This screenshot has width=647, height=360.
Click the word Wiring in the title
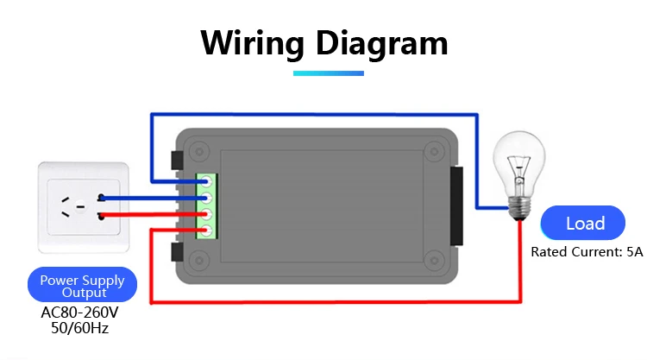click(252, 43)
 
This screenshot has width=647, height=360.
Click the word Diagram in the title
click(381, 43)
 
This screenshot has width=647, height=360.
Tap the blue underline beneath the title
click(329, 73)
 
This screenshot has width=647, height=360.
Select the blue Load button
click(582, 223)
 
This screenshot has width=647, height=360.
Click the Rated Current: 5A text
click(587, 252)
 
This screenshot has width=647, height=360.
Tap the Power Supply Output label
click(82, 285)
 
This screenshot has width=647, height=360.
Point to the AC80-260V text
click(79, 313)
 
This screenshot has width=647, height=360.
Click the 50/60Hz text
click(79, 328)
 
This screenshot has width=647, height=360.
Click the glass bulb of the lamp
click(519, 165)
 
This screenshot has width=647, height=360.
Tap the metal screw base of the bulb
click(520, 208)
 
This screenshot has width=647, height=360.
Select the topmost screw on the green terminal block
click(206, 181)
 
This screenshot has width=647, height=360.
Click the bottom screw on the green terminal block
click(206, 231)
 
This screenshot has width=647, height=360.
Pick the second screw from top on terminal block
click(206, 198)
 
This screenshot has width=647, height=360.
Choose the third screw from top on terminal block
click(206, 214)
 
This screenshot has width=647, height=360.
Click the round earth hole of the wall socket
click(80, 206)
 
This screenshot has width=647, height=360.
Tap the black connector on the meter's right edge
click(456, 206)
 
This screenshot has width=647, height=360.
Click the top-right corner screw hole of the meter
click(434, 152)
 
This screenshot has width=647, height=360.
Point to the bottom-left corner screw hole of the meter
click(199, 261)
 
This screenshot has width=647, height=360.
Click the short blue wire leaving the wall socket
click(153, 199)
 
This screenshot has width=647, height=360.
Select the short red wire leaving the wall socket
click(153, 214)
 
